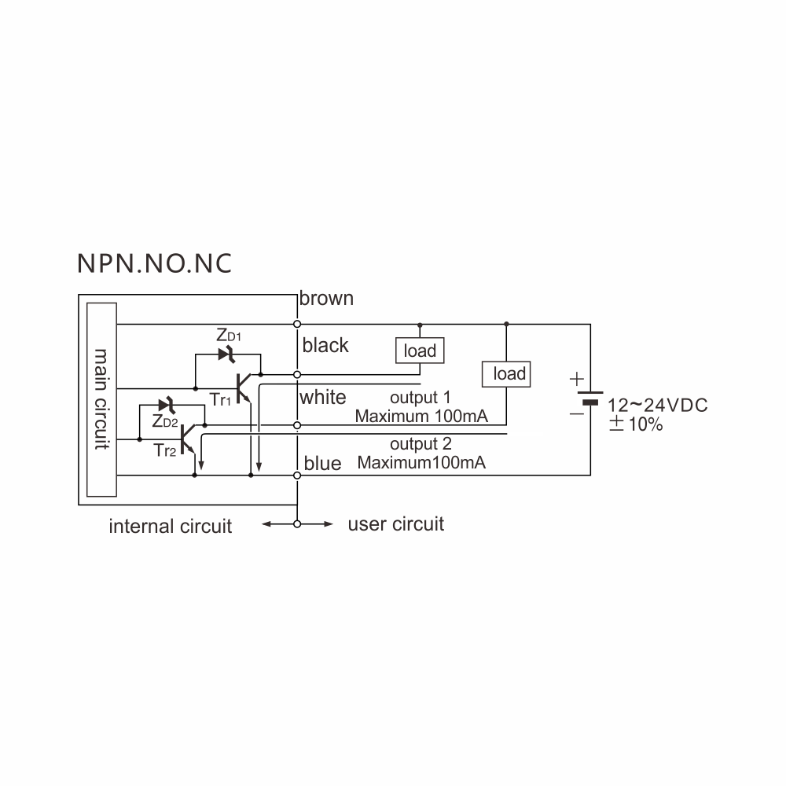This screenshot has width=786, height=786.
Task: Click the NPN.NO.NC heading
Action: tap(154, 263)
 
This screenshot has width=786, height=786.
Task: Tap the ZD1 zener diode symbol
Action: tap(227, 354)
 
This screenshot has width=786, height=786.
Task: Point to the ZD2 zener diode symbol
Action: tap(167, 405)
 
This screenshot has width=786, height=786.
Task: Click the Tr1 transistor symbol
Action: tap(244, 388)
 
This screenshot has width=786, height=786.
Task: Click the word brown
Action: tap(326, 298)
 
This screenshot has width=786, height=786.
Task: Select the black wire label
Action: tap(325, 345)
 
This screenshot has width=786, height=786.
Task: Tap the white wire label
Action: tap(323, 397)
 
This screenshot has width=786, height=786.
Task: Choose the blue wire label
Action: tap(322, 463)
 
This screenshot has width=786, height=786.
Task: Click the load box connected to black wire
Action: tap(420, 351)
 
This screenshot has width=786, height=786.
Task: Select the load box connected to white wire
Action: tap(506, 374)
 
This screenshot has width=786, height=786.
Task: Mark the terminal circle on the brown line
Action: tap(297, 325)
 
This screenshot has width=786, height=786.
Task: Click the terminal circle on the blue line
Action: tap(297, 476)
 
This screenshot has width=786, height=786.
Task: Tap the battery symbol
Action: tap(590, 398)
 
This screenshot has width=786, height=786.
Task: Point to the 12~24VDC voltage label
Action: tap(658, 405)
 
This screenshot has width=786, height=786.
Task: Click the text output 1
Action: tap(420, 398)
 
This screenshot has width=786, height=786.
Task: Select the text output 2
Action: tap(421, 443)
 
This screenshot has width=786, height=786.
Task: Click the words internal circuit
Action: tap(171, 527)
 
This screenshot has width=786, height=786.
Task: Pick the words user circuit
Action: tap(396, 523)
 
